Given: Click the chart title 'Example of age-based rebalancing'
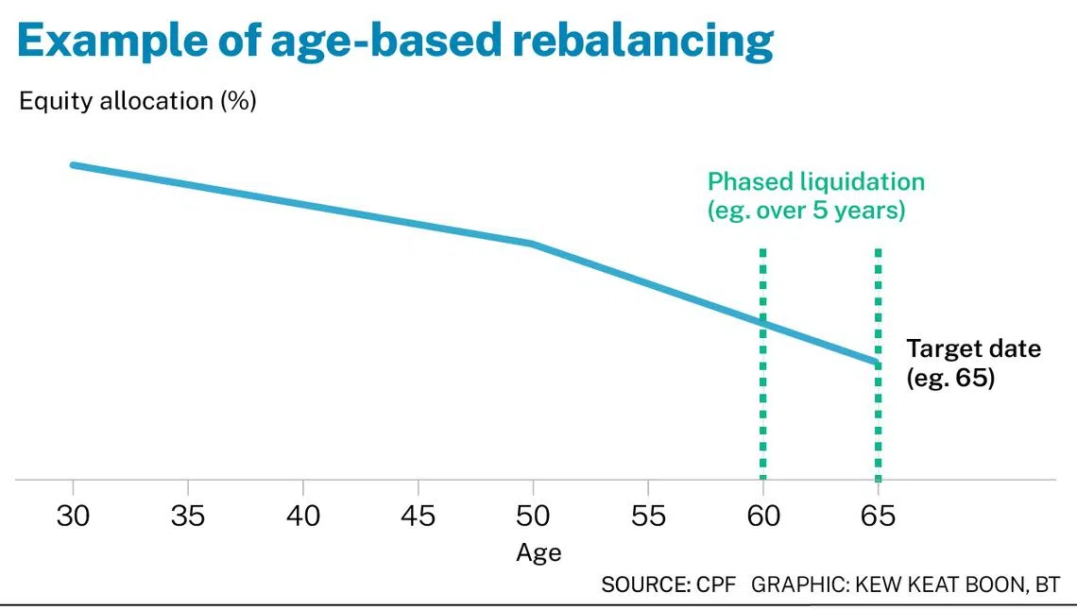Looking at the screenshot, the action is point(396,42).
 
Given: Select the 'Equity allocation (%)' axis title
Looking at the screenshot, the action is point(138,101).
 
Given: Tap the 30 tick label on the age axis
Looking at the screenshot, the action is point(73,516).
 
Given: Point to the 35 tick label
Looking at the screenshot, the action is point(188,516).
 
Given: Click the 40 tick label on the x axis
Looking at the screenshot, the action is point(303,516).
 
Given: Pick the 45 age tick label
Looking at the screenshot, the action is point(419,516).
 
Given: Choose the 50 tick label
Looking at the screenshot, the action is point(533,516).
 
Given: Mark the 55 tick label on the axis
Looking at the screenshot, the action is point(648,516).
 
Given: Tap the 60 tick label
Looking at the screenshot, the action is point(763,516).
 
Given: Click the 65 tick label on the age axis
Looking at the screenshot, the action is point(879,516).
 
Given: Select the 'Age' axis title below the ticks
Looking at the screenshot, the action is point(539,553).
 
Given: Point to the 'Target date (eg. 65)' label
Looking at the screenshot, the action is point(973,363).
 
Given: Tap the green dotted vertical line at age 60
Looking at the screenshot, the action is point(763,364).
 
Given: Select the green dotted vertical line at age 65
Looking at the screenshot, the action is point(879,364).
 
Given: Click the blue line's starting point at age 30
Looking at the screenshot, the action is point(74,164).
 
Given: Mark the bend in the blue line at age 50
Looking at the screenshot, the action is point(532,243).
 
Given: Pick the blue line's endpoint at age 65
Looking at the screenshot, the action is point(878,362).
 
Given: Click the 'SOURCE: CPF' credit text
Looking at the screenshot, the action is point(668,585).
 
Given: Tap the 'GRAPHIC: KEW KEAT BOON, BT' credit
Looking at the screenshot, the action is point(905,585).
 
